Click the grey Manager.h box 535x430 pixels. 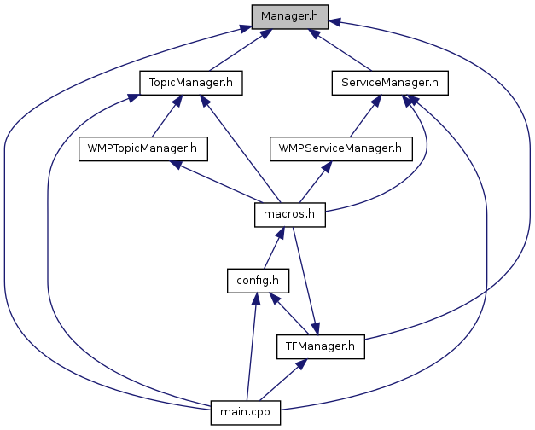coord(290,15)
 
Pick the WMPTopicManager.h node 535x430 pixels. coord(142,148)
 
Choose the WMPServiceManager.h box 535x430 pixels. coord(340,148)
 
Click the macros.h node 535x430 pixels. coord(290,214)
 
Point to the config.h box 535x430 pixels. coord(258,280)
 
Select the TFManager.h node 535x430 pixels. coord(321,346)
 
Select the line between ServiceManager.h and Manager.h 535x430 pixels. coord(343,52)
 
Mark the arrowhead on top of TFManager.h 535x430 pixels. coord(315,328)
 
